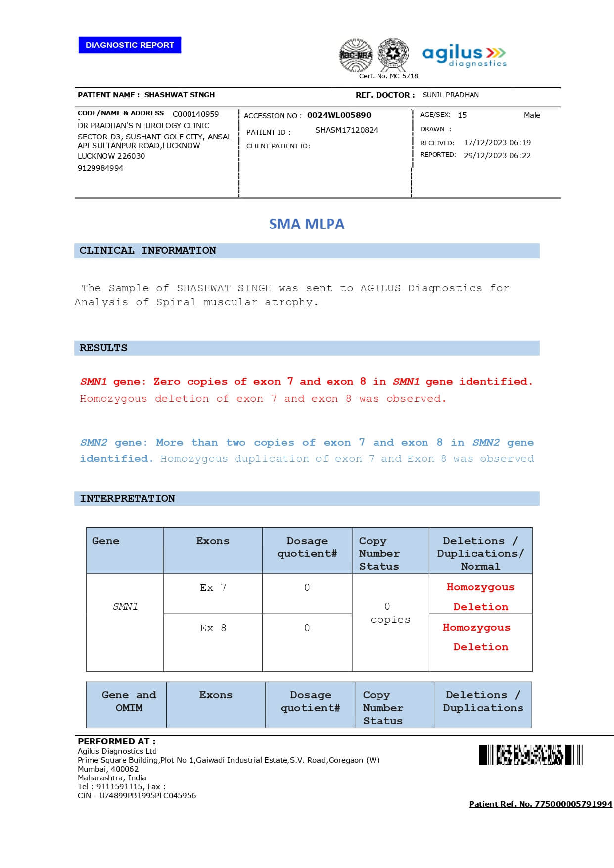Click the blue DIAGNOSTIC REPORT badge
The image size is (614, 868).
point(130,45)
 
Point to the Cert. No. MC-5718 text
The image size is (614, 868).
point(388,76)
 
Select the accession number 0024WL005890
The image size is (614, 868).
point(339,115)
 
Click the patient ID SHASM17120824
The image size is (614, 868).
point(346,130)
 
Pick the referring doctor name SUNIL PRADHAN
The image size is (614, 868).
point(450,95)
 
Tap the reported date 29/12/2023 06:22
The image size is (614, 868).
point(497,156)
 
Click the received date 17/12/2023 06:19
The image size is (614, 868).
point(497,143)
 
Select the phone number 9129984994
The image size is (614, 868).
point(100,168)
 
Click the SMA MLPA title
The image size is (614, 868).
point(306,224)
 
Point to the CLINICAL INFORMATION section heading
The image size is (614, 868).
point(147,251)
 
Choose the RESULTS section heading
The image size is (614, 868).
point(103,348)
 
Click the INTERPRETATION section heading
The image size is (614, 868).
point(127,499)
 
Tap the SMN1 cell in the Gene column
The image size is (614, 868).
point(125,607)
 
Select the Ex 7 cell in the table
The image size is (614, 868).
point(213,588)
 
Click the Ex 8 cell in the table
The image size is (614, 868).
point(213,628)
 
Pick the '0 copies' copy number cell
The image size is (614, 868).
point(390,613)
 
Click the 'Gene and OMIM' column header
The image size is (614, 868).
point(129,702)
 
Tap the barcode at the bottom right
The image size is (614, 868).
point(530,755)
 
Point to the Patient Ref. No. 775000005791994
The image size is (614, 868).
point(540,804)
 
